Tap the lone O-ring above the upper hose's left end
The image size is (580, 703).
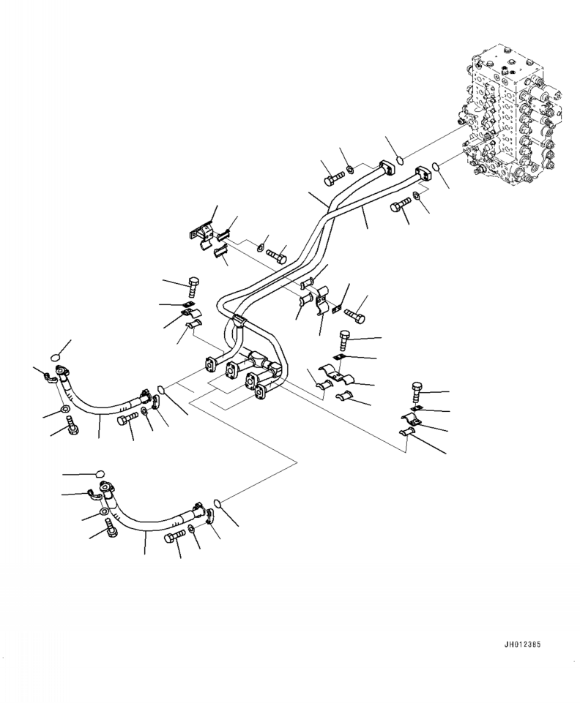coord(58,357)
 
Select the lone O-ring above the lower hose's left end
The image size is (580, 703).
coord(99,474)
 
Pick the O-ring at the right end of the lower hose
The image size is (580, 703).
coord(218,502)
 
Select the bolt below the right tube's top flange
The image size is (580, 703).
coord(400,206)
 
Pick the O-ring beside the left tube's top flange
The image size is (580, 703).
coord(399,161)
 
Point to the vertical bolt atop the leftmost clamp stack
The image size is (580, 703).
coord(194,285)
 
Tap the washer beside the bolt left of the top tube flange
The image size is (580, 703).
coord(351,170)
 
